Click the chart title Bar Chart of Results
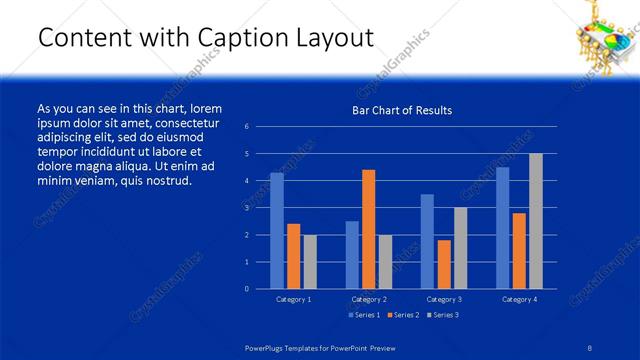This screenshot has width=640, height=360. [x=401, y=110]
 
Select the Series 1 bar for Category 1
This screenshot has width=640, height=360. [x=277, y=231]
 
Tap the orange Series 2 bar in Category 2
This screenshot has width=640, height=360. [x=368, y=229]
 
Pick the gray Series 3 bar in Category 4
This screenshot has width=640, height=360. [x=536, y=221]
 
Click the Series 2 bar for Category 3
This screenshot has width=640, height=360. [x=444, y=264]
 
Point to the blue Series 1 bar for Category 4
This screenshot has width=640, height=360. [x=502, y=228]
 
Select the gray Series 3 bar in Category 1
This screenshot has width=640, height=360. [x=310, y=262]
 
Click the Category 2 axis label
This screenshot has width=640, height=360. [x=369, y=299]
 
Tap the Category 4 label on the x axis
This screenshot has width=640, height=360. [x=519, y=299]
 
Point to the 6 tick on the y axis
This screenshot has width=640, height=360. [x=260, y=127]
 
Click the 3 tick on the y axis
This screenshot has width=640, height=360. [x=260, y=208]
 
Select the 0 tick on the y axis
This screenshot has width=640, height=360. [x=260, y=289]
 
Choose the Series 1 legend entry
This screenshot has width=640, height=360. [x=364, y=315]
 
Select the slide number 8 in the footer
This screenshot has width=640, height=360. [x=590, y=346]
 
